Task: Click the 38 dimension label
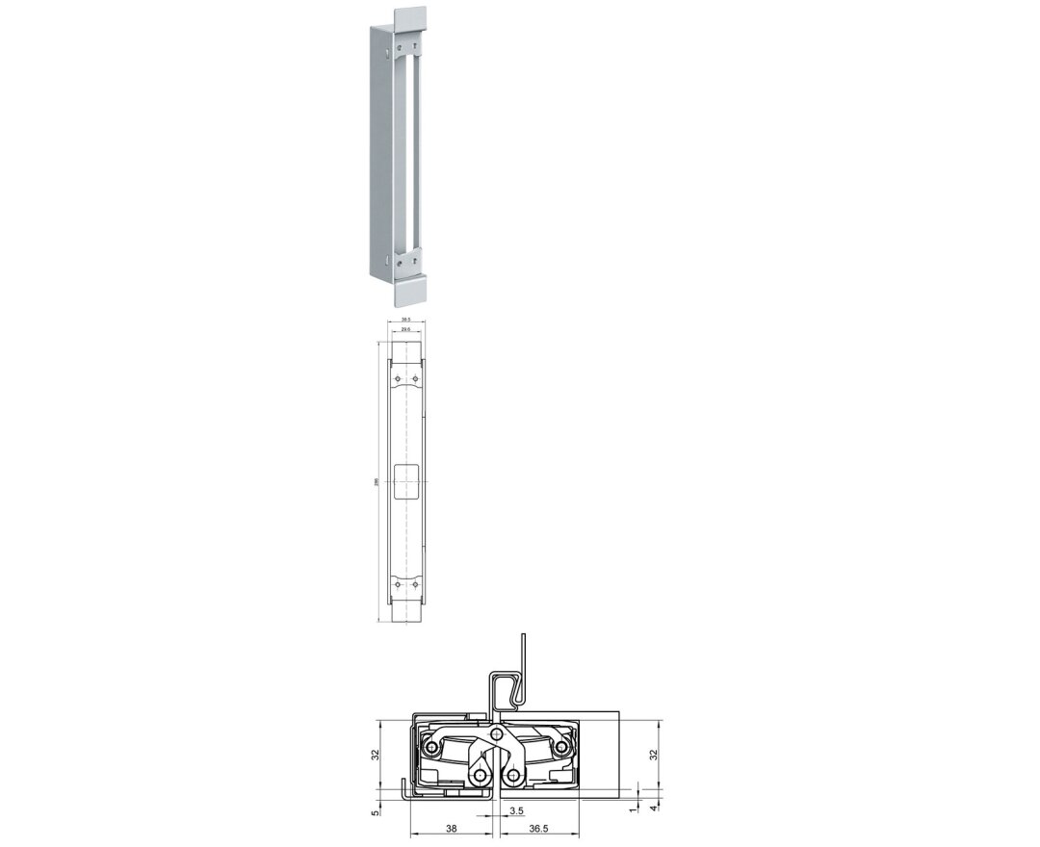point(452,828)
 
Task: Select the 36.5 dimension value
point(539,828)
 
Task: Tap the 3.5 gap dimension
point(516,811)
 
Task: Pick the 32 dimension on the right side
point(655,756)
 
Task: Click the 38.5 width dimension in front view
point(405,320)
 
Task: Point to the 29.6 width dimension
point(405,329)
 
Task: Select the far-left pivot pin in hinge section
point(430,748)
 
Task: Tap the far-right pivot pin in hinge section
point(563,748)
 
